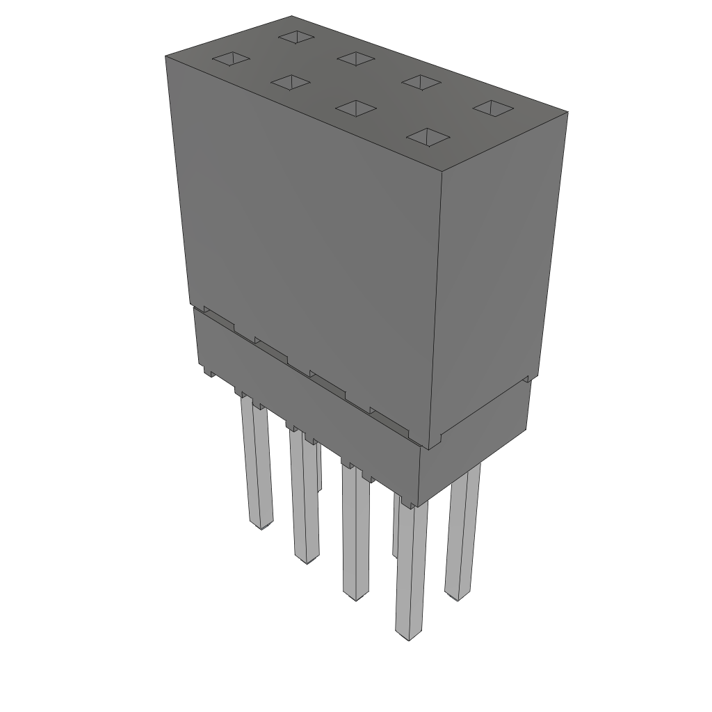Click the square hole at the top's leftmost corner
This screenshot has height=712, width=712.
230,59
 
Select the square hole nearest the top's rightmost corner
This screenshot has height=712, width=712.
493,108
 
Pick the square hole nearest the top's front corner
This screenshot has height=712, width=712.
426,137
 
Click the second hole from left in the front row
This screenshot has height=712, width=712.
291,83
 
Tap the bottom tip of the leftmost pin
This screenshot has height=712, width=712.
261,526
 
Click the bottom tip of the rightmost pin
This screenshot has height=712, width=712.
457,597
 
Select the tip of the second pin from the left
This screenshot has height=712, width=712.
306,559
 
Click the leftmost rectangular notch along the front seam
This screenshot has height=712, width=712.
218,321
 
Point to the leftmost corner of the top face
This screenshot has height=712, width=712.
165,56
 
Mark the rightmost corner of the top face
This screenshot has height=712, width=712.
567,113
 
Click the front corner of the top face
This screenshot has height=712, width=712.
443,171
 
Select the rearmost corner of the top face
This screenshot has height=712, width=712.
292,15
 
